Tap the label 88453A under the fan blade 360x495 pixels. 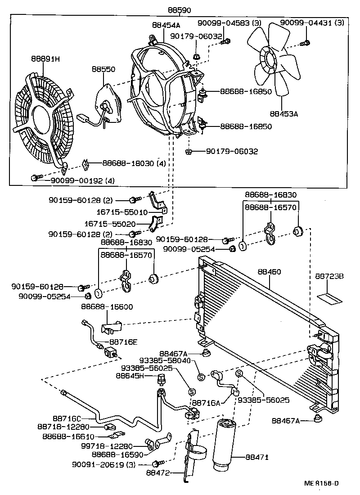284,114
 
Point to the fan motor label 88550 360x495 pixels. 103,70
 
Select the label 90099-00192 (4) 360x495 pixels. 79,180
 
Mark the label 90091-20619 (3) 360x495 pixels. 109,464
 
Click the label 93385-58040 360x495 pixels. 168,360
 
